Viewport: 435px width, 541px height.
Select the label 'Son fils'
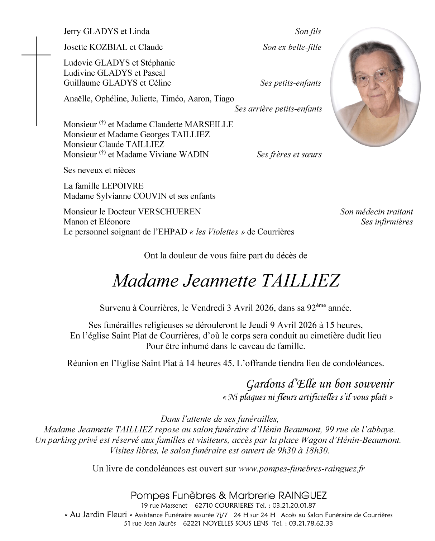point(308,32)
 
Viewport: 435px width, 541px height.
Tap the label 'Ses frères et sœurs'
point(289,155)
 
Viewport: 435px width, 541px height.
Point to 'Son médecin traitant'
point(377,212)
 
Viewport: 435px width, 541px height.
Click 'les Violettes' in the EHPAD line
point(217,232)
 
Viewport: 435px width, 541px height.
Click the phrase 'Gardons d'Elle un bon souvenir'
point(320,384)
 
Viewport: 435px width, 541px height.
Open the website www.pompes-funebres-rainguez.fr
point(301,469)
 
